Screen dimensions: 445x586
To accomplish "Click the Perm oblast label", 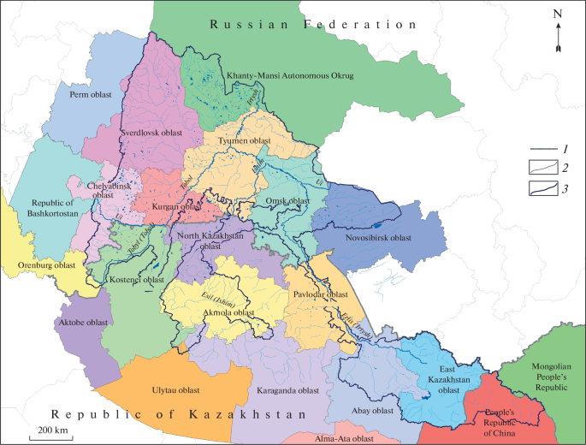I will [92, 95].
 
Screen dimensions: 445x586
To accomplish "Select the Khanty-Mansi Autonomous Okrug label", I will [289, 76].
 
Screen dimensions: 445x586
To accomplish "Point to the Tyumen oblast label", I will [244, 140].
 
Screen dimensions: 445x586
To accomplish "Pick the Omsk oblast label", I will [287, 201].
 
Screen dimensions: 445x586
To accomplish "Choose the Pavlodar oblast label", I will [322, 294].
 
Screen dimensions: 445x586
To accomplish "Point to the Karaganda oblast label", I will [287, 389].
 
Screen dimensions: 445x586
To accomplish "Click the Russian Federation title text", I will [313, 25].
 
